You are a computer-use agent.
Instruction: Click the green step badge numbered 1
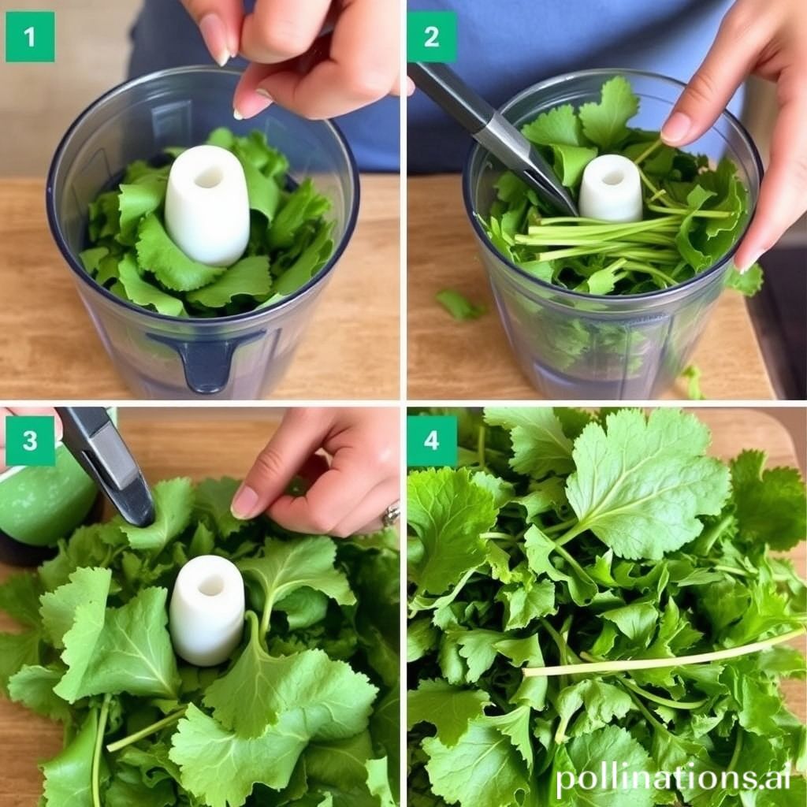coord(30,36)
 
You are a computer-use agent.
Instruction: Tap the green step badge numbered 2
coord(432,36)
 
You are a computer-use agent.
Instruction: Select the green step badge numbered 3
coord(30,441)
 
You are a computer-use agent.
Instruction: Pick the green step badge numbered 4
coord(432,441)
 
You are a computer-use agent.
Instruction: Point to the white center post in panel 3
coord(207,608)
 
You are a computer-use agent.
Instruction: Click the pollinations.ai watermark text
coord(672,779)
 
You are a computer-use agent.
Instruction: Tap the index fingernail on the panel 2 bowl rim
coord(676,128)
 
